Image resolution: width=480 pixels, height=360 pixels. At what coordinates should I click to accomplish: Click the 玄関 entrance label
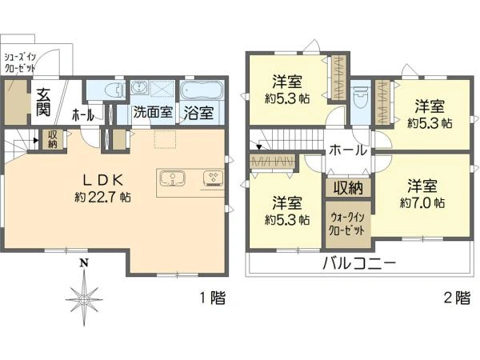pos(43,102)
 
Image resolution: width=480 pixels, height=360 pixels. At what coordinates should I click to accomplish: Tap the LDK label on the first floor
pos(103,180)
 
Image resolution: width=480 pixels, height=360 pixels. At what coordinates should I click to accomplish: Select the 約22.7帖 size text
pos(102,197)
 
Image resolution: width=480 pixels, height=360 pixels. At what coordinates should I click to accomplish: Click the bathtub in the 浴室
pos(202,90)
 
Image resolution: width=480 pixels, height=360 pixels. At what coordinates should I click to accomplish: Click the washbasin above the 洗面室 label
pos(139,88)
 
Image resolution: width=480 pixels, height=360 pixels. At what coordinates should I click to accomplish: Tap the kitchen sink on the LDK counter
pos(173,178)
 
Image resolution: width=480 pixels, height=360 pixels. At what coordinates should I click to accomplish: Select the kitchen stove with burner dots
pos(214,178)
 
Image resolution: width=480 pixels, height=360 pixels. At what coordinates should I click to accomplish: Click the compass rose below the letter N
pos(83,298)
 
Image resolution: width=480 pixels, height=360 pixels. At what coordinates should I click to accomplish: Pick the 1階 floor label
pos(213,298)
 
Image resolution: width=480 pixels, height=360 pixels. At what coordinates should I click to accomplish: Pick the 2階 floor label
pos(457,298)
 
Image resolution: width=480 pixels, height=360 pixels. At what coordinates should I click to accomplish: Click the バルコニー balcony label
pos(360,263)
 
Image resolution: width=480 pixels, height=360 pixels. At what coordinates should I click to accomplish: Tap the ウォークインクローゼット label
pos(347,224)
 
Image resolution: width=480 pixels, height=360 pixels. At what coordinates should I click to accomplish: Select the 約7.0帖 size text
pos(422,202)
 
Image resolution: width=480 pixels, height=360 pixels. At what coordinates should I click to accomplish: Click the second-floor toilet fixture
pos(360,98)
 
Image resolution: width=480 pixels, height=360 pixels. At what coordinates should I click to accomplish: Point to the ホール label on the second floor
pos(348,150)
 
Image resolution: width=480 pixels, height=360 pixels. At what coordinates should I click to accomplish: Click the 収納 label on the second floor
pos(348,188)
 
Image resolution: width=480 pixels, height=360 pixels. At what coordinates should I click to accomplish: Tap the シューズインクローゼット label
pos(20,62)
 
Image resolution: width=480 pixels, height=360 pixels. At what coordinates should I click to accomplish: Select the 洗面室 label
pos(153,112)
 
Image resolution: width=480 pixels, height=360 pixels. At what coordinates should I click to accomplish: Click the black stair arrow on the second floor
pos(259,147)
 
